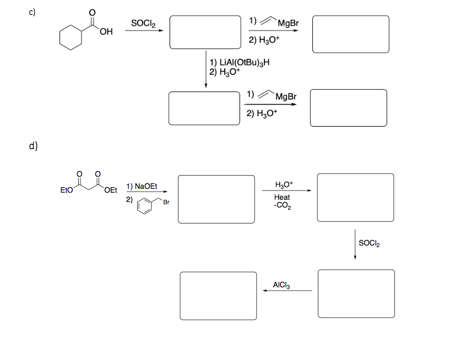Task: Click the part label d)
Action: pyautogui.click(x=34, y=146)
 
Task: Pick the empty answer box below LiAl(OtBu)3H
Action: pyautogui.click(x=205, y=108)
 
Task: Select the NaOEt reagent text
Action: pyautogui.click(x=141, y=186)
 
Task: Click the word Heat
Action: pyautogui.click(x=282, y=197)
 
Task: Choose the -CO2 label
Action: pyautogui.click(x=282, y=206)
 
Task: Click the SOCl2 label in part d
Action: pyautogui.click(x=369, y=243)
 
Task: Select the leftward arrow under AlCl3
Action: pyautogui.click(x=287, y=291)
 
